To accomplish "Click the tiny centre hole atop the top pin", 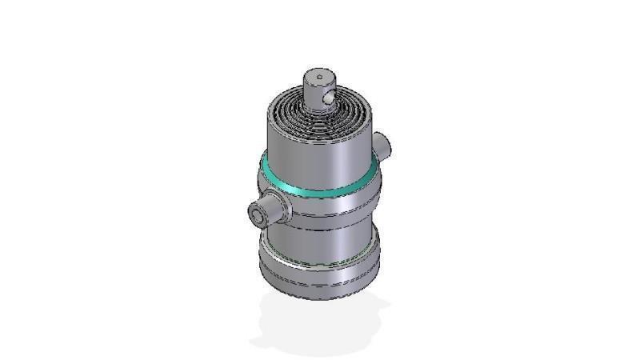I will [319, 78].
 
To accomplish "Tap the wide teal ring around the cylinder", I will [320, 190].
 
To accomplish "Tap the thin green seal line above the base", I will [320, 261].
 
